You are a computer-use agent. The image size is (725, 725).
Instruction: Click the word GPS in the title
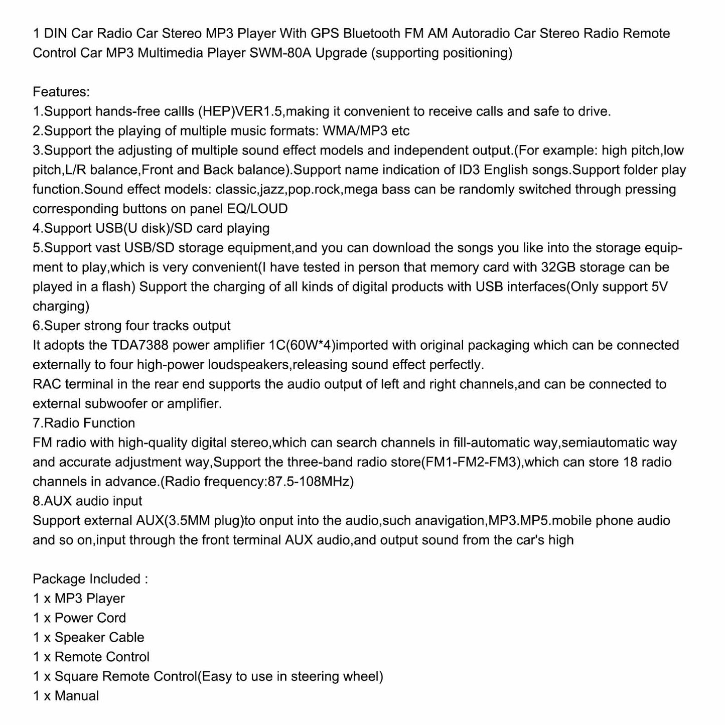point(324,34)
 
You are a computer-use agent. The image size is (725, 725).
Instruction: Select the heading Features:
point(61,92)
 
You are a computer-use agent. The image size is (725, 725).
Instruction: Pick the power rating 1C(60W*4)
point(301,346)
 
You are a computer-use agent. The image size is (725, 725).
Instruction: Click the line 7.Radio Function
point(84,423)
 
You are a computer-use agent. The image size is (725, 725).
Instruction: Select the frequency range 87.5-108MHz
point(307,482)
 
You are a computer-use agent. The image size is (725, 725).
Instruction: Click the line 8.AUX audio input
point(87,501)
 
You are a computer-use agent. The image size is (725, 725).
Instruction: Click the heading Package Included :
point(90,579)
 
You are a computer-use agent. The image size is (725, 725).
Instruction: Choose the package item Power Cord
point(90,619)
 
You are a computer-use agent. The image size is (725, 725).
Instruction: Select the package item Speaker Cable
point(99,638)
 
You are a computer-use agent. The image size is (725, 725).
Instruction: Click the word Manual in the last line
point(77,696)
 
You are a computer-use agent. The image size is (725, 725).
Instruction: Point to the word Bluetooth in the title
point(372,34)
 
